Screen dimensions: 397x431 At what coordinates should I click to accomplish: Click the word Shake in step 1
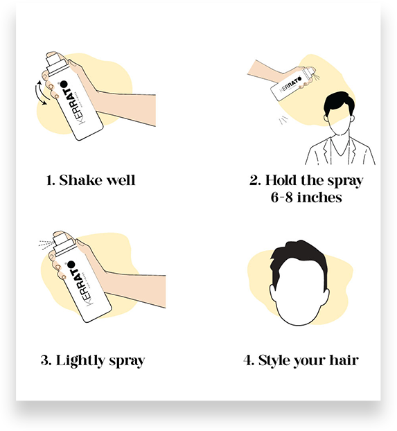pos(81,180)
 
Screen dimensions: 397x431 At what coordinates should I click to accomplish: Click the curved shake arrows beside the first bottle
pos(42,93)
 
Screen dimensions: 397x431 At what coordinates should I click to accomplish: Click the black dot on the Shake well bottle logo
pos(64,84)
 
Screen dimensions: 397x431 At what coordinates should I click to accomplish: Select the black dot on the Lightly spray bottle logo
pos(71,265)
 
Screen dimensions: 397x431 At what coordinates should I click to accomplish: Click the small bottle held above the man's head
pos(292,83)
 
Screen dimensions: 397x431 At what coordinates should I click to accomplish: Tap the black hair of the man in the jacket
pos(339,103)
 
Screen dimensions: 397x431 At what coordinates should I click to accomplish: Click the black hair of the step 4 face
pos(299,261)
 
